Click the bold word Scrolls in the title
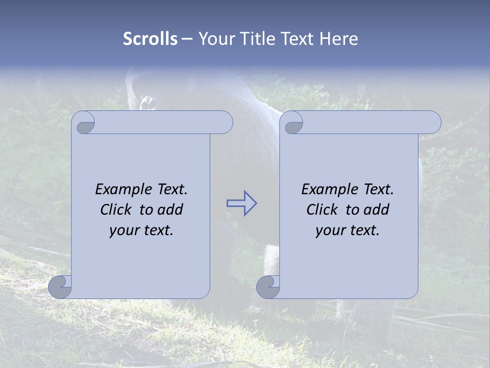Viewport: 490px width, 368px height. (x=150, y=39)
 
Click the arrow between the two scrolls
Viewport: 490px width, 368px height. (x=241, y=203)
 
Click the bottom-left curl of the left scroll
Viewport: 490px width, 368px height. (x=60, y=287)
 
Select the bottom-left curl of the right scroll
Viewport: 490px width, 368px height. (x=268, y=287)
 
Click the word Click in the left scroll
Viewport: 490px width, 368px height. (x=116, y=210)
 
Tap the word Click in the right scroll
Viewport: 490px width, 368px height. (x=322, y=210)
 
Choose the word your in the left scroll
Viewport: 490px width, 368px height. (x=122, y=231)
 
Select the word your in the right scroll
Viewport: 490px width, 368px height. (x=329, y=231)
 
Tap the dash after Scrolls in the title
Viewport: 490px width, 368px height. (x=187, y=39)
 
